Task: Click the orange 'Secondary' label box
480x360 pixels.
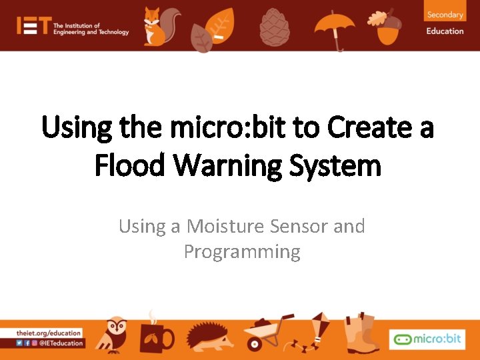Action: (445, 14)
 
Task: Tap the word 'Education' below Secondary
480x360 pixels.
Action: (445, 31)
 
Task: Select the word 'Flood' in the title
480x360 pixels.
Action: (132, 164)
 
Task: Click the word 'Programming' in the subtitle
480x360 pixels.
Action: (242, 252)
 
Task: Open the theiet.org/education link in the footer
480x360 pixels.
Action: (50, 333)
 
